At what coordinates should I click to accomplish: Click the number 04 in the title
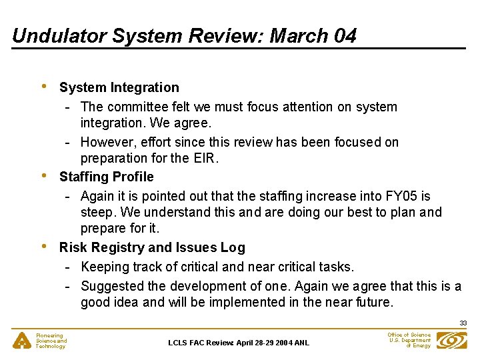(x=345, y=36)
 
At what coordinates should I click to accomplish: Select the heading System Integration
(x=119, y=87)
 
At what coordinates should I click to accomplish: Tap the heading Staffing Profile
(x=106, y=177)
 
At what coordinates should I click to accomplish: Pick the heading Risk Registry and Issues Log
(x=152, y=247)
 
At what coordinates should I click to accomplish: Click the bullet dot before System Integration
(x=43, y=86)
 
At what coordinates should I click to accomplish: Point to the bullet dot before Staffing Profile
(x=43, y=175)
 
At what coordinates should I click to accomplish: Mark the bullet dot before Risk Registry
(x=43, y=246)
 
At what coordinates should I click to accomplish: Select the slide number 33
(x=463, y=323)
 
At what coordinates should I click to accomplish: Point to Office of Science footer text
(x=409, y=335)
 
